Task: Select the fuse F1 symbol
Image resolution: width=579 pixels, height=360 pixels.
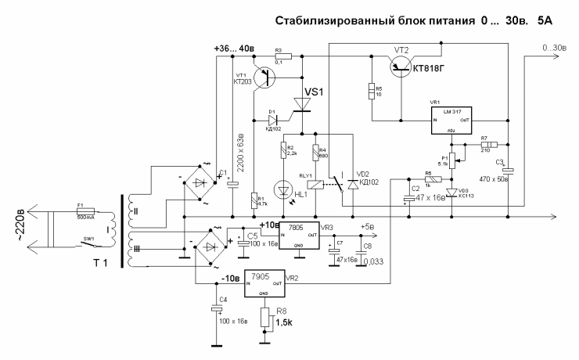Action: (84, 211)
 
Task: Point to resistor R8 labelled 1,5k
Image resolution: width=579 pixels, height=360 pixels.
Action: (268, 317)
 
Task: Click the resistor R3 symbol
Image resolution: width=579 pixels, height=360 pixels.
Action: (282, 56)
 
